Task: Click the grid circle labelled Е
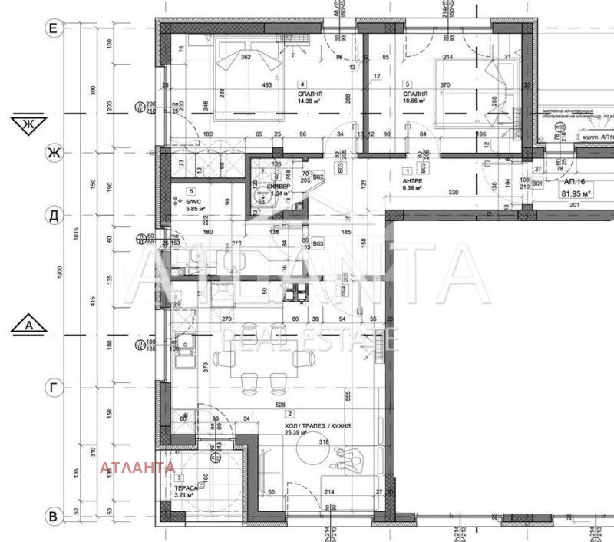coord(53,28)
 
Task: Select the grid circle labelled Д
coord(53,216)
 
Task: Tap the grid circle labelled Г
coord(53,389)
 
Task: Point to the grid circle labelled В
coord(53,517)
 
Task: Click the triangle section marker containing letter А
coord(30,327)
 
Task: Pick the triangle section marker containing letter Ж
coord(30,122)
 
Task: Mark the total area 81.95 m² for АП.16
coord(581,193)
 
